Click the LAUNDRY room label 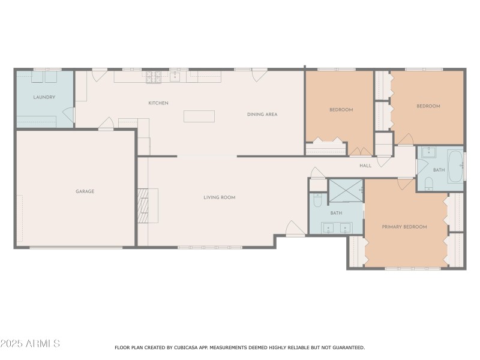click(44, 97)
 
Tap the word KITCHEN click(158, 103)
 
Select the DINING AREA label click(262, 115)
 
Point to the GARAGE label click(85, 191)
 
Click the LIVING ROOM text click(219, 197)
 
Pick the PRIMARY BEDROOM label click(404, 227)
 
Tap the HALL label click(365, 166)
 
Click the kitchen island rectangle click(199, 116)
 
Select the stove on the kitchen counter click(154, 77)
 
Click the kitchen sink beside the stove click(175, 77)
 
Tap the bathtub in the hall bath click(456, 166)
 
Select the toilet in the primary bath click(318, 200)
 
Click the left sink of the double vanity click(328, 228)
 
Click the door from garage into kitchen click(106, 125)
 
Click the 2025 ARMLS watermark click(30, 344)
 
